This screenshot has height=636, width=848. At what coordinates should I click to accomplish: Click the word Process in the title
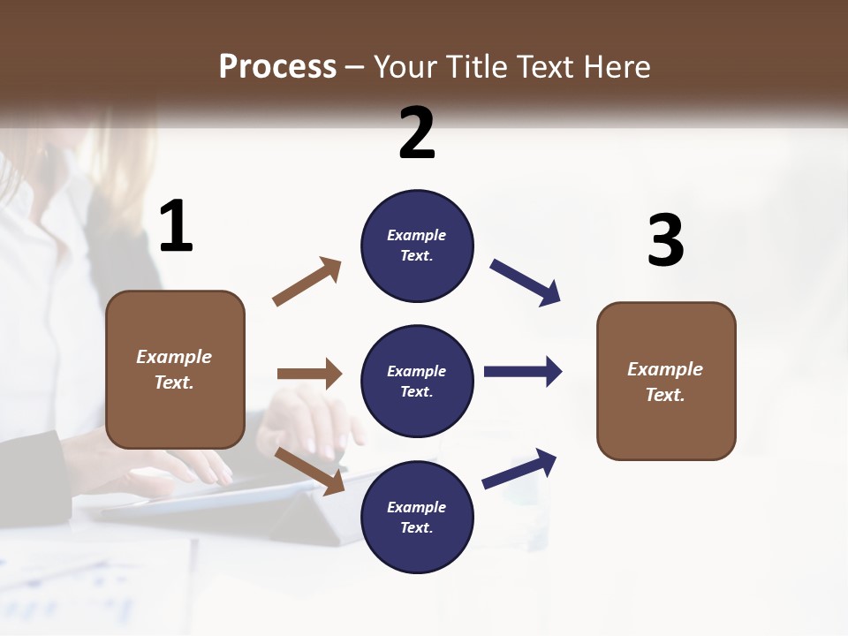(277, 66)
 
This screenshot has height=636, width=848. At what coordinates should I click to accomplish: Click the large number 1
(176, 227)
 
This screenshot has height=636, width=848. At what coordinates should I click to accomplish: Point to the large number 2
(417, 133)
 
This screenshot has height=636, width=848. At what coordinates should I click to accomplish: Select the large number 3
(665, 241)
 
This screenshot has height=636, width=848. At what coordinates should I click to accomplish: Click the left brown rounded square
(175, 369)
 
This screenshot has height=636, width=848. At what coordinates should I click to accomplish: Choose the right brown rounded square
(666, 381)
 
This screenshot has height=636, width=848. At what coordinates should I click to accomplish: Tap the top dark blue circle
(417, 246)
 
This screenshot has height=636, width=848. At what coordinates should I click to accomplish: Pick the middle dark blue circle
(417, 381)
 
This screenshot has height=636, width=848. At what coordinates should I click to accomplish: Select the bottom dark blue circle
(417, 517)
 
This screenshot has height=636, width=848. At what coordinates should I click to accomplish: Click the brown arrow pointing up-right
(307, 282)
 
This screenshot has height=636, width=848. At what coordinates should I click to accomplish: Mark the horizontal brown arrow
(309, 374)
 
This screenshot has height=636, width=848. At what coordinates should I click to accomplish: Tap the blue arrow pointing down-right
(526, 283)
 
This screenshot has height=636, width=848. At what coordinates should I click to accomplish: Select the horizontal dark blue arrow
(522, 372)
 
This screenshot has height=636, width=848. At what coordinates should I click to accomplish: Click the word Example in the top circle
(417, 235)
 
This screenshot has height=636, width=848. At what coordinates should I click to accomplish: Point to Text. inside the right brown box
(665, 395)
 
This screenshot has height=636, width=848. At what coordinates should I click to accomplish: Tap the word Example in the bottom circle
(417, 507)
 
